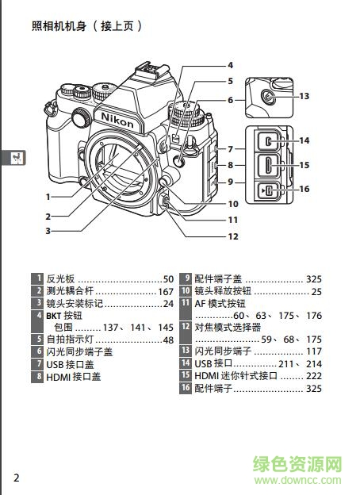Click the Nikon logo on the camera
(112, 117)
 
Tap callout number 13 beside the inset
(304, 96)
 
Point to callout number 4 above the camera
(230, 65)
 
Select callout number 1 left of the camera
(48, 196)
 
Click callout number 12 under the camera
(233, 236)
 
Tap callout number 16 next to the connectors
(304, 189)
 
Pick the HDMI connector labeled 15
(270, 165)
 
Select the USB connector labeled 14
(270, 142)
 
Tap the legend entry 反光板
(60, 279)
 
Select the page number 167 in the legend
(165, 291)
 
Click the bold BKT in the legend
(54, 316)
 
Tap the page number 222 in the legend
(314, 375)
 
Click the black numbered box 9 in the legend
(186, 279)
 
